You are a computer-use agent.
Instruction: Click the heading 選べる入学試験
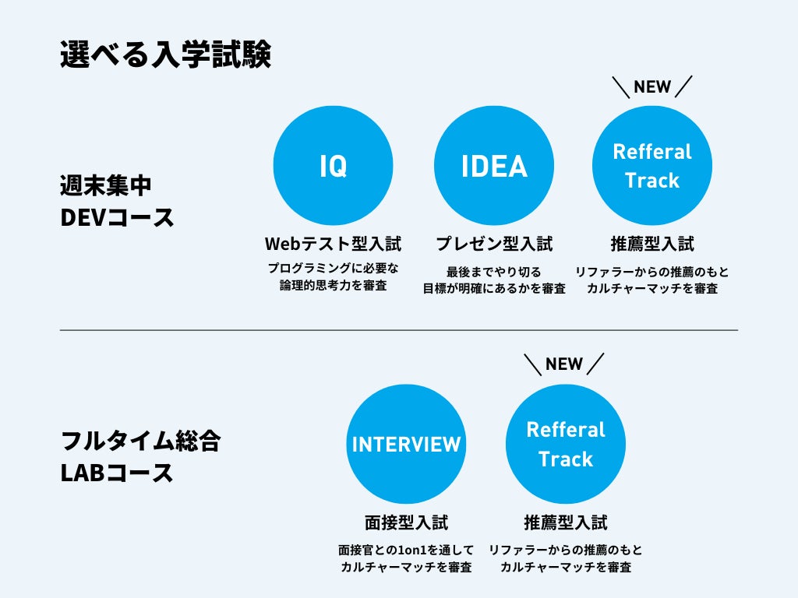click(x=165, y=56)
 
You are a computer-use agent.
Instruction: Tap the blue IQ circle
click(x=333, y=166)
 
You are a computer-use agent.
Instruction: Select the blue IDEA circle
click(x=494, y=166)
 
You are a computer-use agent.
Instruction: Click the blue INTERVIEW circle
click(x=406, y=444)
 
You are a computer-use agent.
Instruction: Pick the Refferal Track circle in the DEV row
click(x=652, y=166)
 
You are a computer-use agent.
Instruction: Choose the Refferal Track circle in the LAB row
click(x=566, y=444)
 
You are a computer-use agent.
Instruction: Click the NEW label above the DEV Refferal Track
click(x=652, y=86)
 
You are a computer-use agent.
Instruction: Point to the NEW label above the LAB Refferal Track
click(x=564, y=364)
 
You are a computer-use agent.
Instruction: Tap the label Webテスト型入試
click(x=334, y=244)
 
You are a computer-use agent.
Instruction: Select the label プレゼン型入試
click(x=494, y=244)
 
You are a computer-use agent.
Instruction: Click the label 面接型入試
click(x=406, y=522)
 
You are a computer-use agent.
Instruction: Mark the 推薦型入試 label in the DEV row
click(x=652, y=244)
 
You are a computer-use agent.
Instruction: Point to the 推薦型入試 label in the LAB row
click(x=566, y=522)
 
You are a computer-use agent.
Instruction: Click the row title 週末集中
click(x=106, y=187)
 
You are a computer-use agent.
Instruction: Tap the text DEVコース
click(x=117, y=217)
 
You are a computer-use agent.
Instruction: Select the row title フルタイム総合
click(x=141, y=441)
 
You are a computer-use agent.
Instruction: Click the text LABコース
click(x=117, y=472)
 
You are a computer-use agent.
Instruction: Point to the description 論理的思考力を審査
click(x=334, y=286)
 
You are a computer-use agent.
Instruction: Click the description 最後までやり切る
click(x=494, y=271)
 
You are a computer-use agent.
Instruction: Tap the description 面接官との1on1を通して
click(x=406, y=550)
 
